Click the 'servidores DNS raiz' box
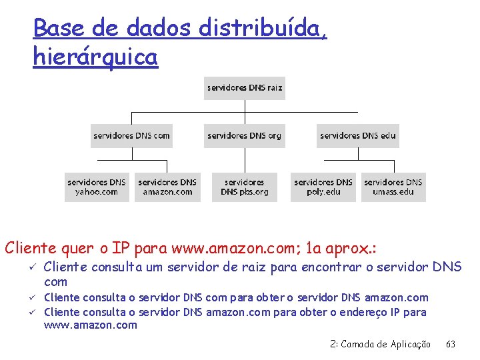tap(244, 88)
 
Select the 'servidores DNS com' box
tap(131, 136)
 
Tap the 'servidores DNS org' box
tap(244, 136)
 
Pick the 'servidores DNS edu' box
tap(357, 136)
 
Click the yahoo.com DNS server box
tap(97, 187)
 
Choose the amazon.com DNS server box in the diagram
tap(167, 187)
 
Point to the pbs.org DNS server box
tap(244, 187)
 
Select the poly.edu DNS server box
tap(323, 187)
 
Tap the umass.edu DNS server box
tap(393, 187)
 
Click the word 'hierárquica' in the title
tap(95, 57)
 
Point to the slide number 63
tap(451, 344)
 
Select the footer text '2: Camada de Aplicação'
tap(380, 344)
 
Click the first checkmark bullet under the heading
tap(33, 267)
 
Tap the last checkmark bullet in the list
tap(33, 312)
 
